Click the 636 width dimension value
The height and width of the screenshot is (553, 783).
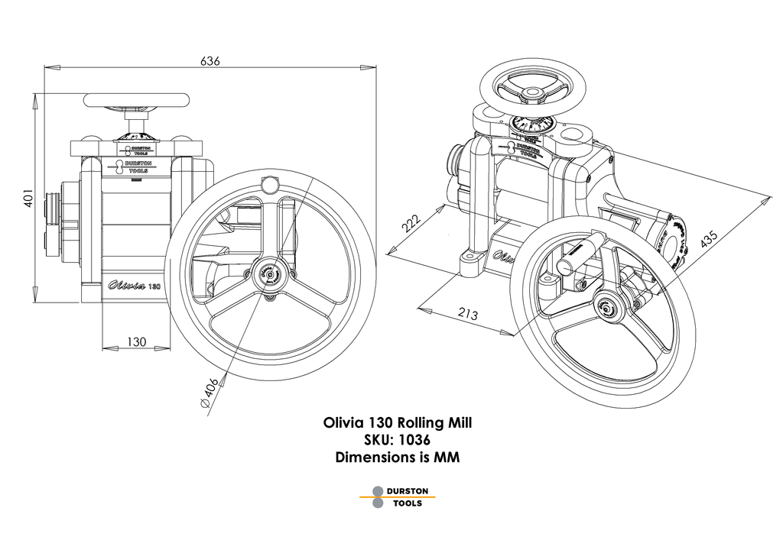[x=210, y=60]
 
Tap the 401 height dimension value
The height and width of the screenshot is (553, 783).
[x=28, y=199]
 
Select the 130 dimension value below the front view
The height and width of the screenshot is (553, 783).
[x=136, y=341]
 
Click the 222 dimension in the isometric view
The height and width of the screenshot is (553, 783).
[x=411, y=223]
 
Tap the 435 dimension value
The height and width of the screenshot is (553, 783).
[x=709, y=238]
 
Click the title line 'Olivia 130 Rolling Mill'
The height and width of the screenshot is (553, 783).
[x=391, y=422]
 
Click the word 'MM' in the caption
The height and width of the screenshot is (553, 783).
[x=446, y=458]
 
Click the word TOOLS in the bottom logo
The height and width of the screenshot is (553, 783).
[x=408, y=503]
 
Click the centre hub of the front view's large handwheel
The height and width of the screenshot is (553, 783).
[x=268, y=273]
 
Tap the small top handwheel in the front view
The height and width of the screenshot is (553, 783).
[x=137, y=99]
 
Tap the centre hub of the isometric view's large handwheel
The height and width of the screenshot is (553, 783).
[x=609, y=307]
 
